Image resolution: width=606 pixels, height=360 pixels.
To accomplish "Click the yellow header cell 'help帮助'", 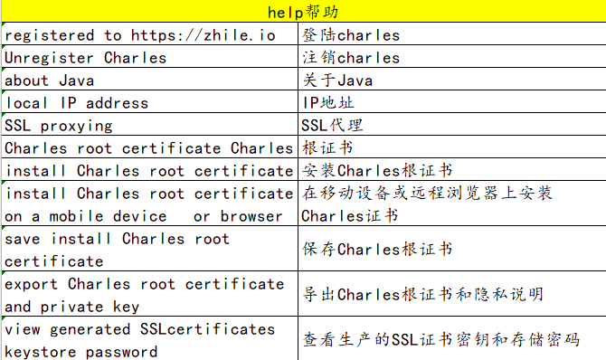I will point(303,12).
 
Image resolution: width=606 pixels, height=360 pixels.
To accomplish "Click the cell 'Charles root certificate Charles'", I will point(149,148).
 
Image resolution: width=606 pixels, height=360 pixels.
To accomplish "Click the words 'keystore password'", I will point(80,350).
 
